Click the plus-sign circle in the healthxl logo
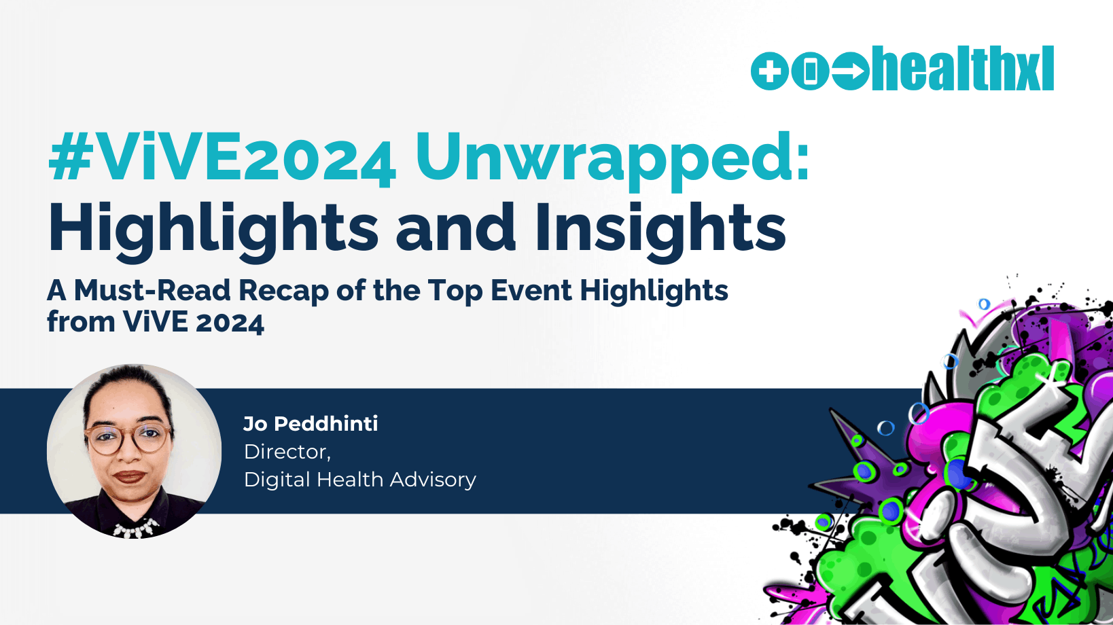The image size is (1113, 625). tap(770, 71)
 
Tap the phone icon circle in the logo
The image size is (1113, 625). tap(810, 71)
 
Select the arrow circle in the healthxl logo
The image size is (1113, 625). tap(850, 71)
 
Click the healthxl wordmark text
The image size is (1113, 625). tap(963, 69)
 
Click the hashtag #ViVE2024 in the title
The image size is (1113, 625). tap(222, 158)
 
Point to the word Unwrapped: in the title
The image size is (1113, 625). tap(613, 160)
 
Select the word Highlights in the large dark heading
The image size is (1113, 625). tap(213, 230)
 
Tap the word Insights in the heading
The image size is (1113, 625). tap(660, 230)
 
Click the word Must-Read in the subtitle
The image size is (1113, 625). tap(152, 290)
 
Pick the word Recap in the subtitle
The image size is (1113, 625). tap(284, 292)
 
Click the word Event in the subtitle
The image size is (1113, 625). tap(531, 290)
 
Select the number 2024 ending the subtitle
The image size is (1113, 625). tap(230, 323)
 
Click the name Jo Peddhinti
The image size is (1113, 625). tap(311, 424)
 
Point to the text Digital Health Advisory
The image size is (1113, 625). tap(359, 480)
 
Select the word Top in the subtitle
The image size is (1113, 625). tap(455, 292)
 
